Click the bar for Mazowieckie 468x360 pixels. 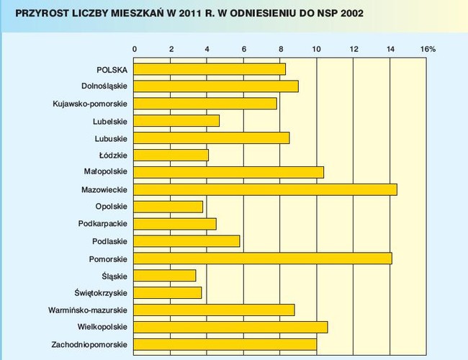266,189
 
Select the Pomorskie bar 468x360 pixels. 263,258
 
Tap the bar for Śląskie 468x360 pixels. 165,275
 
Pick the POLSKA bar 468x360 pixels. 210,69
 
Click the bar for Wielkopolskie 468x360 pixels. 230,327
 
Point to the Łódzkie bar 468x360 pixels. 171,155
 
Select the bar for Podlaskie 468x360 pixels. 186,241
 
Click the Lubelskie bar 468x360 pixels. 176,121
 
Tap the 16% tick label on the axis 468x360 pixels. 428,49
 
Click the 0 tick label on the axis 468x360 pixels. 135,49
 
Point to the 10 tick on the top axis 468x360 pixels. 318,49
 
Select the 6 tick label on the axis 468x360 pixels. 244,49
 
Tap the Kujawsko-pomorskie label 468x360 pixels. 90,104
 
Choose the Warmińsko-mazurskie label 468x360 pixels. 89,310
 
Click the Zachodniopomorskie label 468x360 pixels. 89,344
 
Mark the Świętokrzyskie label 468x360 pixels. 100,292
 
